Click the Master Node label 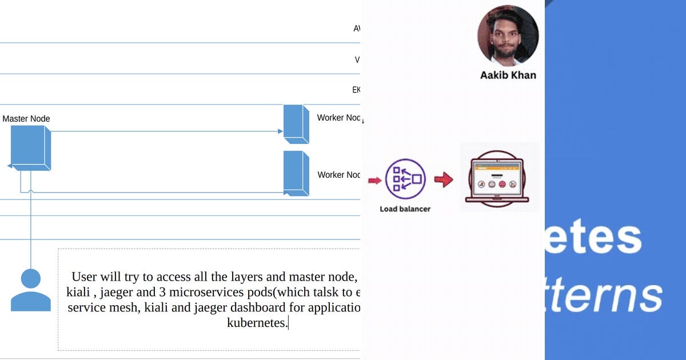26,119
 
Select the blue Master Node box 30,147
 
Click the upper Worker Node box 296,124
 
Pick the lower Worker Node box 296,174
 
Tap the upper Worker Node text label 339,118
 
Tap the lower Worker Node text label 339,175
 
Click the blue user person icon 30,290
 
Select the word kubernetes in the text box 257,323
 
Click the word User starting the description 84,277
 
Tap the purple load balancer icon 405,179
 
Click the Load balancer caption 405,209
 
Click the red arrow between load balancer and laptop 444,180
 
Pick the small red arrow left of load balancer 374,181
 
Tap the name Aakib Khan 508,75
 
